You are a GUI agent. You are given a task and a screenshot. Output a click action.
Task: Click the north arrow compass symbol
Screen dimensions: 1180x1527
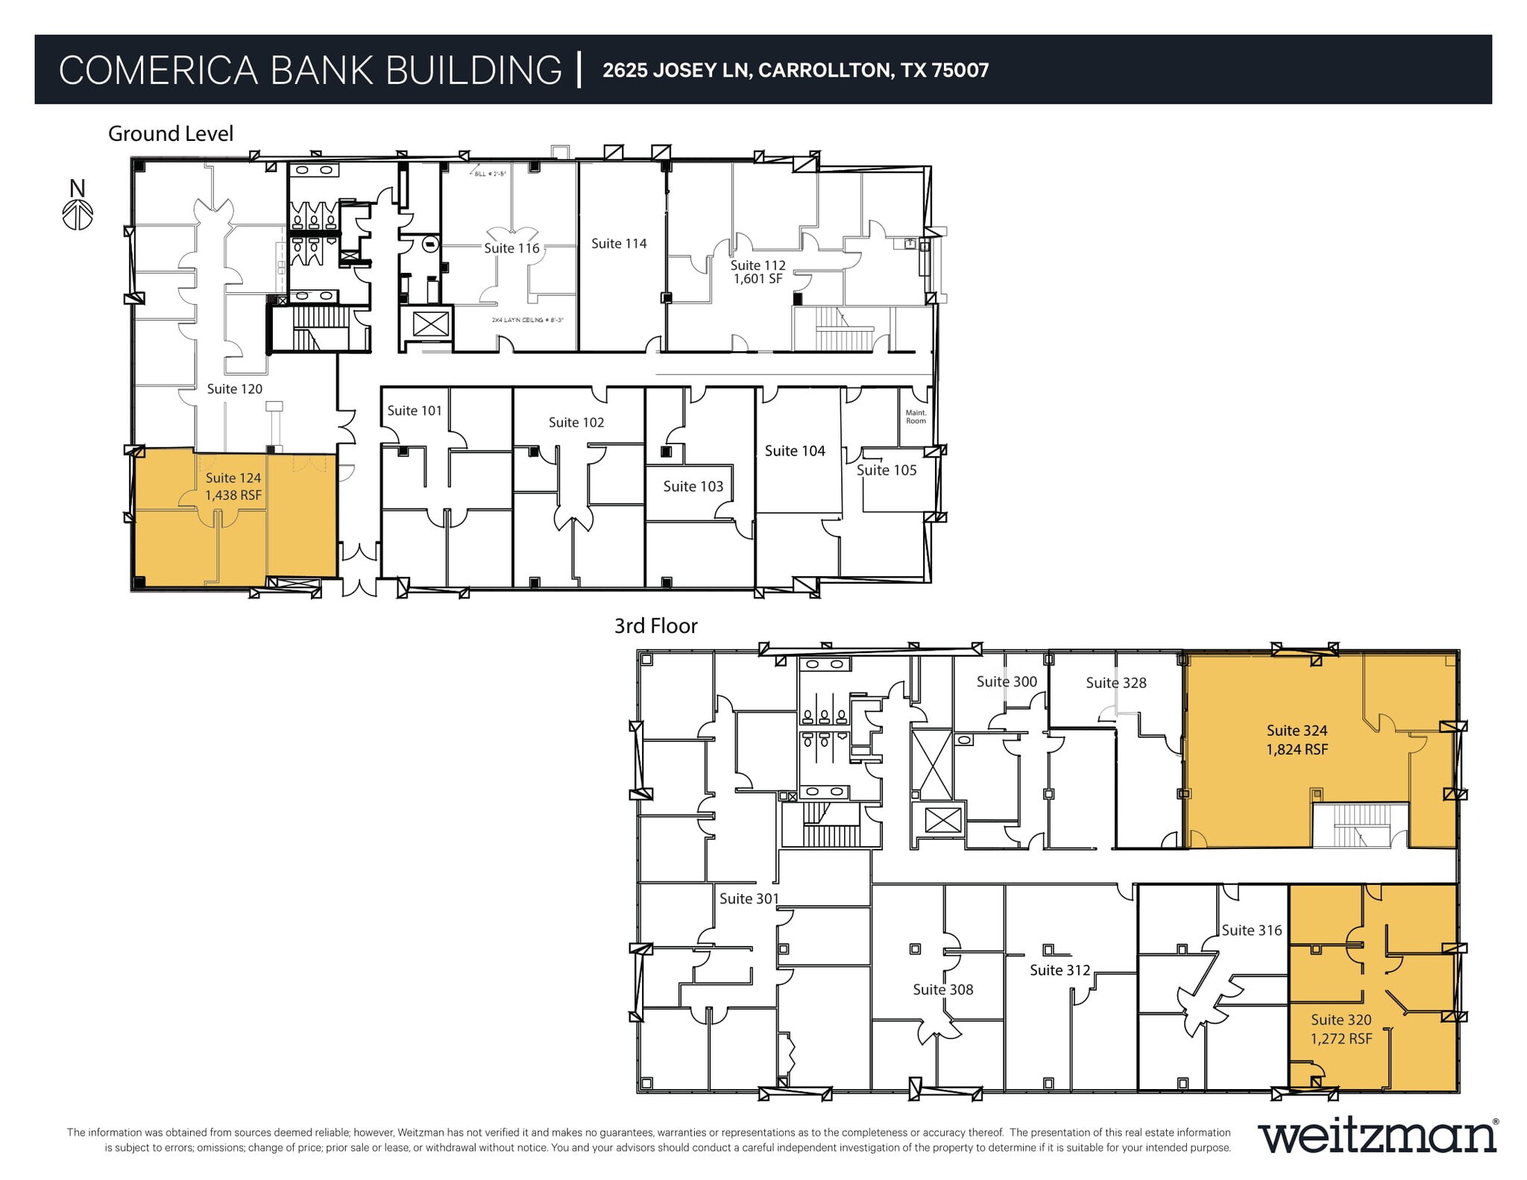[78, 214]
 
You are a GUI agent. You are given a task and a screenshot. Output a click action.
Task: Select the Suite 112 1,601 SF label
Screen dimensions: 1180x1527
[758, 272]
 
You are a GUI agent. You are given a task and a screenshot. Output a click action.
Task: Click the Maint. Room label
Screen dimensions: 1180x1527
[916, 417]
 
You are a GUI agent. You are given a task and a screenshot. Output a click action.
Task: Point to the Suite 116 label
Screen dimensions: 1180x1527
[511, 248]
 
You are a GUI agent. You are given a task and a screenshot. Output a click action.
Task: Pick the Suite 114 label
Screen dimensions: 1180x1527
[619, 244]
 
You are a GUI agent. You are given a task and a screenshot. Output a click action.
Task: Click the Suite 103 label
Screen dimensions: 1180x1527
[693, 487]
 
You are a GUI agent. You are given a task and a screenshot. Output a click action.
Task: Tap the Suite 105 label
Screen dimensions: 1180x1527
[886, 470]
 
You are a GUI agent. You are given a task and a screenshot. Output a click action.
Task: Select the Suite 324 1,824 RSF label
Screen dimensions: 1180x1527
[1297, 740]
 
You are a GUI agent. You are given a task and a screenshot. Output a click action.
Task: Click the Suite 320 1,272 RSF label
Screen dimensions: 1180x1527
[1341, 1029]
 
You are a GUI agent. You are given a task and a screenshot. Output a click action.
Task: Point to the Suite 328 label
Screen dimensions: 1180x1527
[1115, 683]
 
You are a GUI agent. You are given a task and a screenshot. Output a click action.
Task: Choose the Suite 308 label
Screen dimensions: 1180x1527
[942, 990]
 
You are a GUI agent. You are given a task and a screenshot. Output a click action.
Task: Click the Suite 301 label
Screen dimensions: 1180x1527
[749, 899]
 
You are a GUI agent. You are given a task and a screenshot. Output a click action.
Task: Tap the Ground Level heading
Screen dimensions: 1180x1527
[171, 133]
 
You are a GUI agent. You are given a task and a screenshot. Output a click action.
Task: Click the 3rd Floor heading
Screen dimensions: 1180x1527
[655, 626]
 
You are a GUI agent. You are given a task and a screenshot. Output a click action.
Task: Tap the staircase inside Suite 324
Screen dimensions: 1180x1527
[1361, 826]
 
